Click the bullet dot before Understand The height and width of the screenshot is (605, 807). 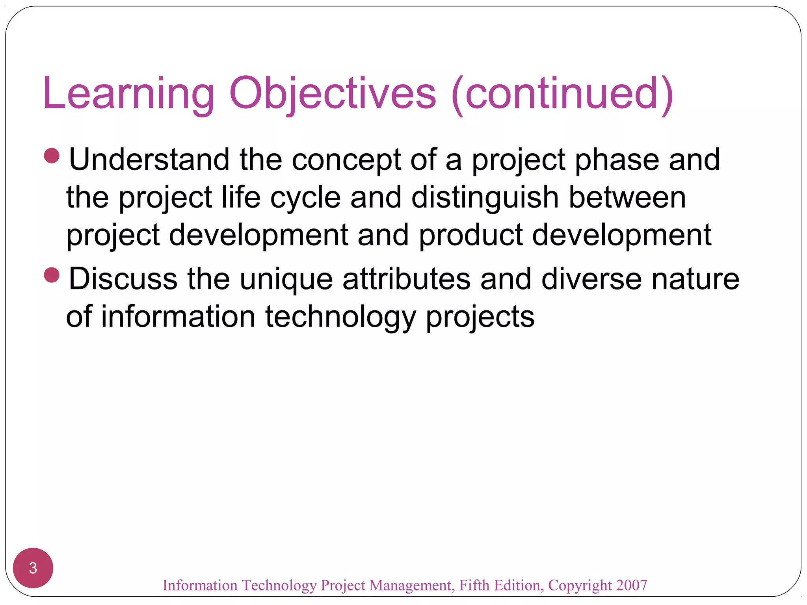(x=52, y=156)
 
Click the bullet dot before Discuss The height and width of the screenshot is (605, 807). (x=52, y=275)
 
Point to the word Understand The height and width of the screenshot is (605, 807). (x=149, y=160)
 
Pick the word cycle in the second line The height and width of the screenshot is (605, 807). (x=305, y=198)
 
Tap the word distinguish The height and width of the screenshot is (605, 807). (x=485, y=198)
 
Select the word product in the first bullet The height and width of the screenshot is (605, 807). (x=470, y=236)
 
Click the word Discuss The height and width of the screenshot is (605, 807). (x=123, y=279)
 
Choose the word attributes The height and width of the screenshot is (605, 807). (x=406, y=279)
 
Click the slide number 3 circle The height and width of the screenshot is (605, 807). (x=33, y=568)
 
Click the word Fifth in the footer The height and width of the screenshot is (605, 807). (x=475, y=585)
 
